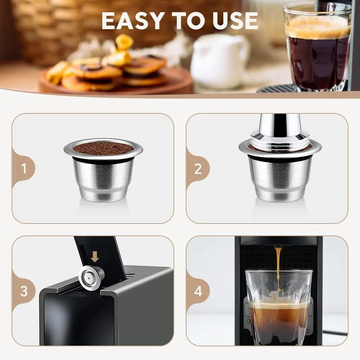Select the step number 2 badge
tap(198, 168)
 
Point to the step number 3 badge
tap(24, 291)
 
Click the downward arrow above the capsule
tap(95, 256)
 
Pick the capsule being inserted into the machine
tap(91, 278)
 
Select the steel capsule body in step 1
tap(103, 178)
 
